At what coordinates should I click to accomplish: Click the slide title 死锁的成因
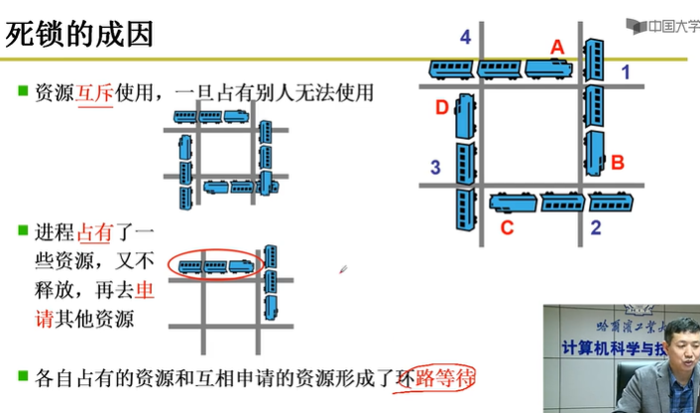pyautogui.click(x=79, y=35)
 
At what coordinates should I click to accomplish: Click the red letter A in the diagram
pyautogui.click(x=556, y=46)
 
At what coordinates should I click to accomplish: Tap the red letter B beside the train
pyautogui.click(x=617, y=161)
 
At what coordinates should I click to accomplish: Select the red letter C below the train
pyautogui.click(x=507, y=228)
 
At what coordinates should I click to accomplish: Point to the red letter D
pyautogui.click(x=442, y=107)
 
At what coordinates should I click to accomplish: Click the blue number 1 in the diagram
pyautogui.click(x=625, y=71)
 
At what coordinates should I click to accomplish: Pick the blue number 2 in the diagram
pyautogui.click(x=596, y=227)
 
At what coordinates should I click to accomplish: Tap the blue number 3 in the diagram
pyautogui.click(x=434, y=167)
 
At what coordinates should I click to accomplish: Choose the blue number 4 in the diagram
pyautogui.click(x=465, y=38)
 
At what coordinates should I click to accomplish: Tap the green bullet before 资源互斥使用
pyautogui.click(x=22, y=92)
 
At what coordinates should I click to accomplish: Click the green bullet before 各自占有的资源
pyautogui.click(x=22, y=375)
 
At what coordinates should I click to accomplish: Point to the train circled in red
pyautogui.click(x=215, y=265)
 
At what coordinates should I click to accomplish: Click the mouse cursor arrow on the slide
pyautogui.click(x=343, y=268)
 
